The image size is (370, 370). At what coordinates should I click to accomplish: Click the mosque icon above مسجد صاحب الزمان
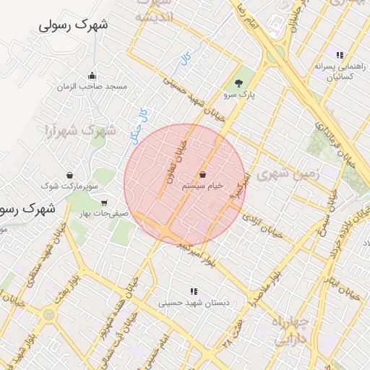tap(92, 75)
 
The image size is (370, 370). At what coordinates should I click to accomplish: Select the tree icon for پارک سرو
tap(239, 83)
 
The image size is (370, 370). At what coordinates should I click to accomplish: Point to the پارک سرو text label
tap(239, 95)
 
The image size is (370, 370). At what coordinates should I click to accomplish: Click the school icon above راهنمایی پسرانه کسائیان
tap(338, 55)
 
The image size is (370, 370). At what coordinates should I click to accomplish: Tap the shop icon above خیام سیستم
tap(202, 175)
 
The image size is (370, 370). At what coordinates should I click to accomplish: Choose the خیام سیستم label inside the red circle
tap(202, 186)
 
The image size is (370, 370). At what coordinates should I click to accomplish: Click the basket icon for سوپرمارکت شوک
tap(69, 175)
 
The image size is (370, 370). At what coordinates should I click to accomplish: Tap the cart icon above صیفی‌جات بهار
tap(104, 203)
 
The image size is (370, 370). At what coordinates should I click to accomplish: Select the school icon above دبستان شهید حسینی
tap(193, 291)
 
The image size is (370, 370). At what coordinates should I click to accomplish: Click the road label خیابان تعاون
tap(173, 159)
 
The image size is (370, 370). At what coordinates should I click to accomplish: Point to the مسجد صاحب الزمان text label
tap(92, 86)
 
